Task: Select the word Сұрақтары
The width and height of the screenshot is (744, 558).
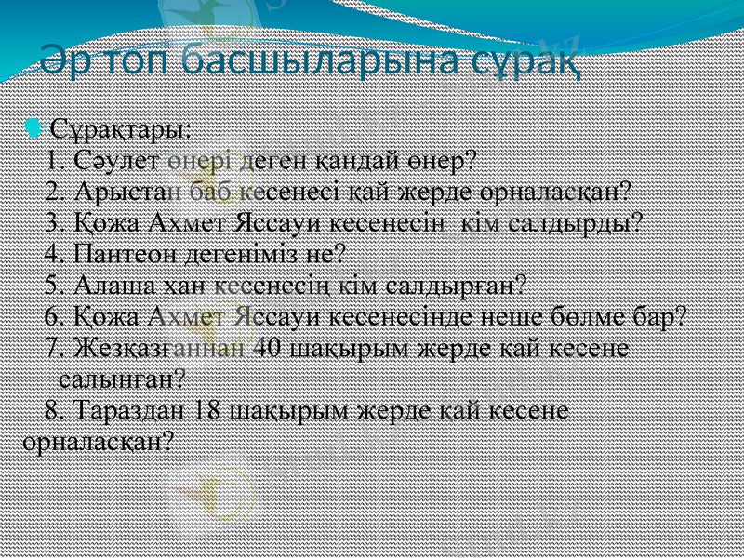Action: [x=121, y=126]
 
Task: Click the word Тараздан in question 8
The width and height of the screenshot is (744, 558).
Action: [x=130, y=410]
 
